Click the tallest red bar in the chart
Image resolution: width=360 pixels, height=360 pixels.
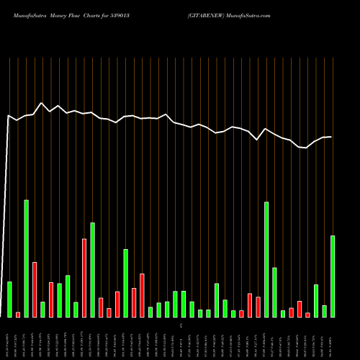(x=84, y=277)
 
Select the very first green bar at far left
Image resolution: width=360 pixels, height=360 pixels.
(x=10, y=299)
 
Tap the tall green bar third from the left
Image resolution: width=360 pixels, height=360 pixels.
(x=27, y=258)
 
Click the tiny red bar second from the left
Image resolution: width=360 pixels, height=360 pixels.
(x=18, y=315)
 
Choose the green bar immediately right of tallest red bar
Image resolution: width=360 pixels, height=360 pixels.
(x=92, y=269)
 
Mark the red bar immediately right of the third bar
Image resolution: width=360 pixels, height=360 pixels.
(x=35, y=289)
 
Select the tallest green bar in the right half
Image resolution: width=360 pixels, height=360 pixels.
(x=266, y=259)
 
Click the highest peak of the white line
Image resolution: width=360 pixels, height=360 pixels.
(x=41, y=103)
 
